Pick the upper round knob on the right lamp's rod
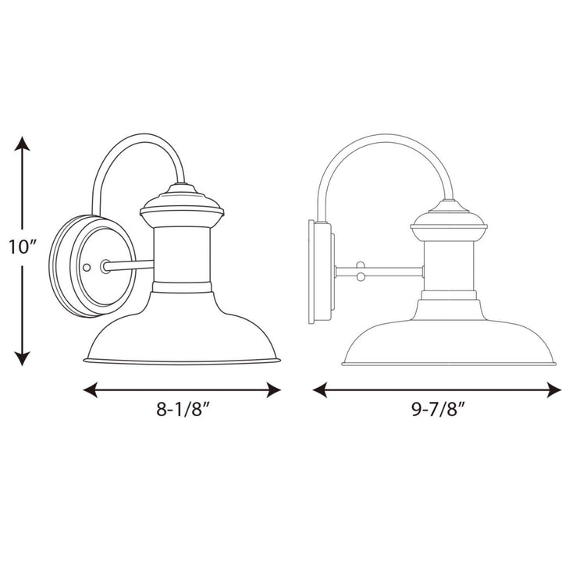(360, 265)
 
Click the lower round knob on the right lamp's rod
(360, 277)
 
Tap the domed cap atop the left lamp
(181, 202)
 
